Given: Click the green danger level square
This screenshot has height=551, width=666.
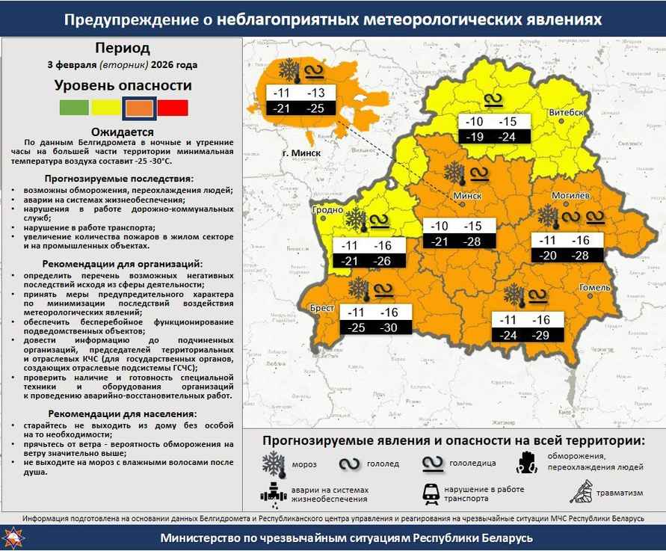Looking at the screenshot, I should pyautogui.click(x=74, y=108).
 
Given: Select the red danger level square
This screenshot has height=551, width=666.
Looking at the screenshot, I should pyautogui.click(x=173, y=108).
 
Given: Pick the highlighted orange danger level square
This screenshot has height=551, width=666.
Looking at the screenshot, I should pyautogui.click(x=140, y=108).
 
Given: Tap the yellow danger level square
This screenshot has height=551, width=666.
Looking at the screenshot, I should pyautogui.click(x=106, y=108).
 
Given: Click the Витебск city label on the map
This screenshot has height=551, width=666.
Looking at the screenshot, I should pyautogui.click(x=565, y=111).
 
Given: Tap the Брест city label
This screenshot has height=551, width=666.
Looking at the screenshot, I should pyautogui.click(x=322, y=307).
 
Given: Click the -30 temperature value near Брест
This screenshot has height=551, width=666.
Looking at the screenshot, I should pyautogui.click(x=389, y=328).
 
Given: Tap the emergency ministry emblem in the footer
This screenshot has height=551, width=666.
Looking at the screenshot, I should pyautogui.click(x=13, y=538).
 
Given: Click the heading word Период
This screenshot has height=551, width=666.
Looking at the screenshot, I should pyautogui.click(x=122, y=49).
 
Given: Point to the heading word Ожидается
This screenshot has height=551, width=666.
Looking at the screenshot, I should pyautogui.click(x=122, y=132).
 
